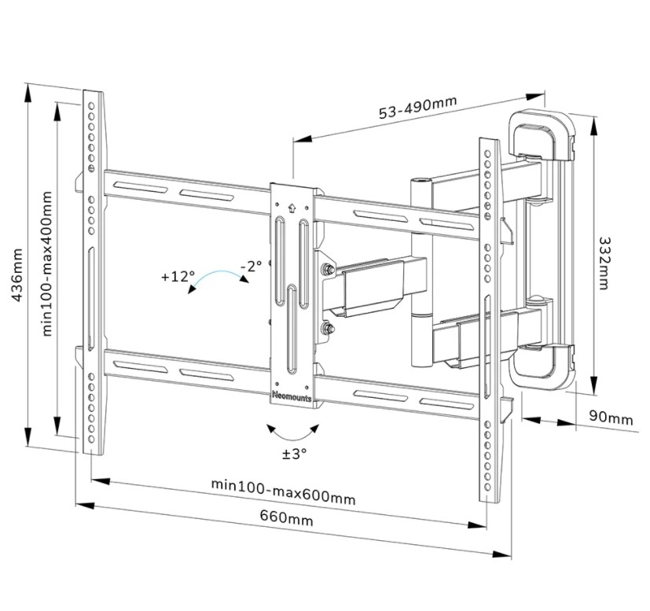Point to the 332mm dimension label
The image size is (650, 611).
coord(604,263)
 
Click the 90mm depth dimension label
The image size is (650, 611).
coord(611,419)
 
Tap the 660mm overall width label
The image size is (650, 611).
coord(286,520)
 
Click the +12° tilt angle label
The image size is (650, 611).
coord(177,277)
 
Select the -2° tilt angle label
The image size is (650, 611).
coord(251,266)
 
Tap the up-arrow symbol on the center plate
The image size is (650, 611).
coord(292,209)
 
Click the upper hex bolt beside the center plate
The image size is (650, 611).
coord(325,271)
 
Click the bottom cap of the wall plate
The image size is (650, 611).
coord(542,370)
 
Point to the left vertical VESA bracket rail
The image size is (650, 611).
coord(93,271)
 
